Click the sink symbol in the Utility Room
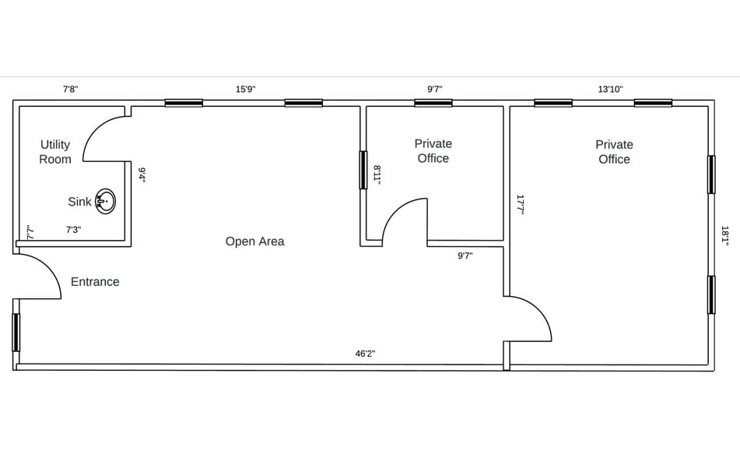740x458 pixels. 105,202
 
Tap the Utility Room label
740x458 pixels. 55,152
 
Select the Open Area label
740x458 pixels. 255,241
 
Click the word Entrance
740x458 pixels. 95,282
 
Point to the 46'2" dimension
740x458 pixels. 365,354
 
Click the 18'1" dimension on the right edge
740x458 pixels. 724,236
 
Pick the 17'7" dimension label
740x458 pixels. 520,205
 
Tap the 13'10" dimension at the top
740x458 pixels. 611,89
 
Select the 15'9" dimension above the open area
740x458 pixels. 246,89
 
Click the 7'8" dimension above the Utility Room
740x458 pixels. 71,89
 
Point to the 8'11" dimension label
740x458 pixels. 377,174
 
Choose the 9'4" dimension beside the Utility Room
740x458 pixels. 142,174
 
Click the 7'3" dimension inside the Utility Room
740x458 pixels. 73,230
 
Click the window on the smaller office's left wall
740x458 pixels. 363,170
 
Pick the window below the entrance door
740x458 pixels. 16,333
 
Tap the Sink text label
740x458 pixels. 79,202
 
